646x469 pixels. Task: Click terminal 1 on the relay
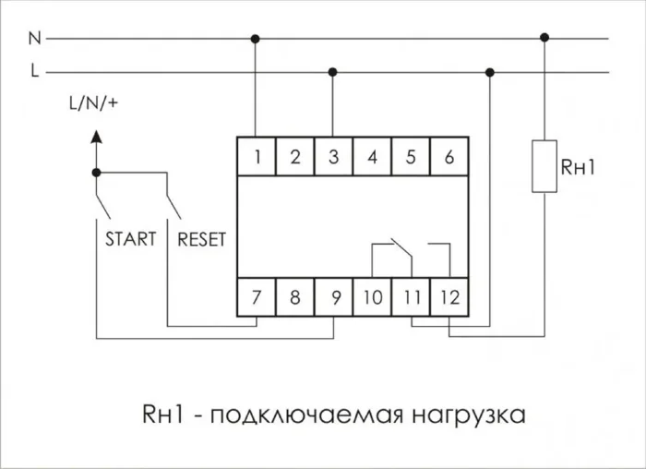(257, 157)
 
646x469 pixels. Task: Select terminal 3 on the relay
(332, 157)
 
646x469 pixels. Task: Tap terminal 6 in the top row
(449, 157)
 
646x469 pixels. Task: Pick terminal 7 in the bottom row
(257, 297)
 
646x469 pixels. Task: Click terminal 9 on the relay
(332, 297)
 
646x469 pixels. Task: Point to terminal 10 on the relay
(372, 297)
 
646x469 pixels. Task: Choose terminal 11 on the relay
(410, 297)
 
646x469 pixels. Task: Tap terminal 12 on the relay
(449, 297)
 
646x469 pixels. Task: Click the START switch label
(131, 239)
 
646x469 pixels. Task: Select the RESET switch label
(200, 239)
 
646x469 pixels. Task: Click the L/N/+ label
(93, 103)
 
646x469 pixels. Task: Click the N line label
(35, 39)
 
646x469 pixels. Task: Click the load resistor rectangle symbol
(544, 166)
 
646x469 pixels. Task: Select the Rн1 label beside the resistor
(580, 167)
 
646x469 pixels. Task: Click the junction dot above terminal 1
(256, 39)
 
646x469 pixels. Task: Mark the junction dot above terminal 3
(333, 72)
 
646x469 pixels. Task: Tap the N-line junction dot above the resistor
(544, 39)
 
